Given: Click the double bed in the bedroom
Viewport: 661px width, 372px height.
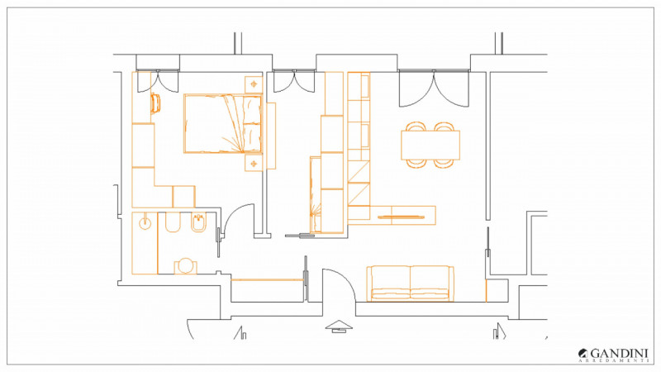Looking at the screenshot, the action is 223,123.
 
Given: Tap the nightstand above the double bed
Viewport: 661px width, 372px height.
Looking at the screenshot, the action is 254,84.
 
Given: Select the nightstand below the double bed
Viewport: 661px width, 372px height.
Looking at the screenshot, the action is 254,163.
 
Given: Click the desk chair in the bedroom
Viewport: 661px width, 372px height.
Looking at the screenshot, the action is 155,103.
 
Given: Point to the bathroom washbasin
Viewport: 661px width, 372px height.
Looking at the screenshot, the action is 145,222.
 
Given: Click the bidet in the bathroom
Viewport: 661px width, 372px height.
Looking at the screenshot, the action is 198,222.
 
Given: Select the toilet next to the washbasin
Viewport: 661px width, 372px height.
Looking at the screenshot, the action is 173,222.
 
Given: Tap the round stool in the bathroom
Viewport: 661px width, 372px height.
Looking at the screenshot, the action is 185,266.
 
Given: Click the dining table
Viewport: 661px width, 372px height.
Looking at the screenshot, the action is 430,145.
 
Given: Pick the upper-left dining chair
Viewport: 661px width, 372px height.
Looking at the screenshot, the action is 416,126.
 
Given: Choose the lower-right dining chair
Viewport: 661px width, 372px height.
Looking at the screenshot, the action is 445,164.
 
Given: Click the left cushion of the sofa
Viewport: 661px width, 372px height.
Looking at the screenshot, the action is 390,283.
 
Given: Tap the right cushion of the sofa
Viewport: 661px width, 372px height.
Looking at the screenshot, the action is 430,283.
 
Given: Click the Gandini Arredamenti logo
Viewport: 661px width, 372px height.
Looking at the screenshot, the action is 613,355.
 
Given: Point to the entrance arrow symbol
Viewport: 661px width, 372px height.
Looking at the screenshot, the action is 339,327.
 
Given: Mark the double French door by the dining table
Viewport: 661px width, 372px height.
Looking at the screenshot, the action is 434,88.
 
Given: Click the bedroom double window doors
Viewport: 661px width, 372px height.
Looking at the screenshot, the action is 159,82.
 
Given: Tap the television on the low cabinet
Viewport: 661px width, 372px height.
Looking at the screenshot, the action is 402,217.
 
